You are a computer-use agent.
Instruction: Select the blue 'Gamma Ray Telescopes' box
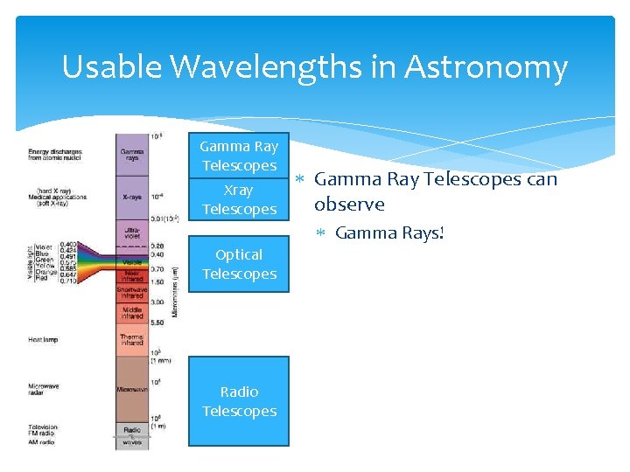coord(239,156)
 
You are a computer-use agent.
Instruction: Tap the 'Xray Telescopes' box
coord(239,199)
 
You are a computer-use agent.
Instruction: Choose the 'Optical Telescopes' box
coord(239,264)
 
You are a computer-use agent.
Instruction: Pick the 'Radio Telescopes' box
coord(239,401)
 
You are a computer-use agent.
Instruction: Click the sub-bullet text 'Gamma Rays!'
coord(390,233)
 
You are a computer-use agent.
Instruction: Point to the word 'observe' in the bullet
coord(349,205)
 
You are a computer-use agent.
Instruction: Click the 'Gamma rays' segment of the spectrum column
coord(132,156)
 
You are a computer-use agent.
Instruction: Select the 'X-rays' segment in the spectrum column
coord(132,198)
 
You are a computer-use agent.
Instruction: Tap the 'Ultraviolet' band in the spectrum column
coord(132,232)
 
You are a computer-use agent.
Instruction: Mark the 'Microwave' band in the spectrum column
coord(132,388)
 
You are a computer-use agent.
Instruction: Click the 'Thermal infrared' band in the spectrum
coord(132,340)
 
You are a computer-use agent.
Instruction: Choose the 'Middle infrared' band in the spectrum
coord(132,312)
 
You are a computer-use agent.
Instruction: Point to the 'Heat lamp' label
coord(43,340)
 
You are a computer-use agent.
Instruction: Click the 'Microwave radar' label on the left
coord(44,389)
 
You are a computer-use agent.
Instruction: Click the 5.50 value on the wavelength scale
coord(157,323)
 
